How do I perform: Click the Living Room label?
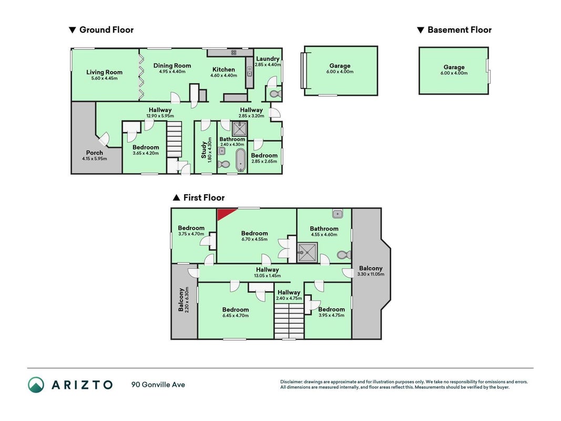point(104,72)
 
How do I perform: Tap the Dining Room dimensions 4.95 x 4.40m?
point(172,72)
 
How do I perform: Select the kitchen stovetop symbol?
point(233,52)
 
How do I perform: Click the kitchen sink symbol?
point(249,71)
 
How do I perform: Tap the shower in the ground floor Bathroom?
point(239,128)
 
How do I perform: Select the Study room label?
point(203,150)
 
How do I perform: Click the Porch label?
point(95,153)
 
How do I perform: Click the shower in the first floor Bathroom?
point(308,253)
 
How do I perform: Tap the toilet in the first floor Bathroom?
point(344,255)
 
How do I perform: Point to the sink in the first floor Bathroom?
point(338,214)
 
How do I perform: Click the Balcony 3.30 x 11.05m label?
point(371,271)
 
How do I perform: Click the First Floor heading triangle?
point(176,198)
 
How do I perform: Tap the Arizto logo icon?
point(36,385)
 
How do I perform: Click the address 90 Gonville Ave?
point(158,385)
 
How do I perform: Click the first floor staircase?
point(289,321)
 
